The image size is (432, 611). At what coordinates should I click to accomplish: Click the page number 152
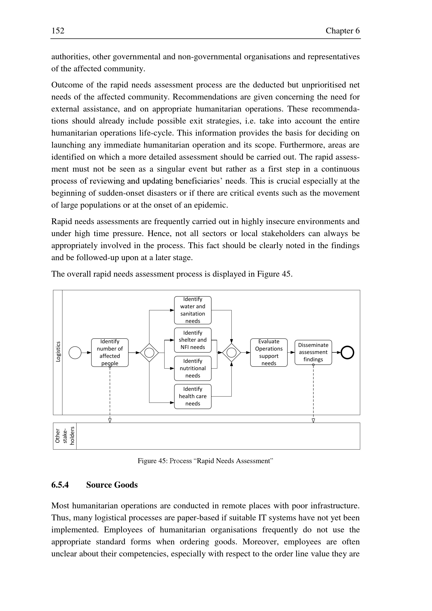[x=58, y=31]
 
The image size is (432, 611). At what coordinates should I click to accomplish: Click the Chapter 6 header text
[x=342, y=31]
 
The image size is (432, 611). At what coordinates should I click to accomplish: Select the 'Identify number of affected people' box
[x=110, y=352]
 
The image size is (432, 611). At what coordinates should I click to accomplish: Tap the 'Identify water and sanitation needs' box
[x=192, y=310]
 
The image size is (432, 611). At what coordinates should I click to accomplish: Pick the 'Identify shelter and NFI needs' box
[x=192, y=340]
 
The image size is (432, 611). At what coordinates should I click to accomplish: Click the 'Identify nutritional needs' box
[x=192, y=368]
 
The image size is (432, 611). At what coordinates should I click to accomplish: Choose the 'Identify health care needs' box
[x=192, y=396]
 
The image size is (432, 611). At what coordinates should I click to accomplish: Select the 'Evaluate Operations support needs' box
[x=269, y=352]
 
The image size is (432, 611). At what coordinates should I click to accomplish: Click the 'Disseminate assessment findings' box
[x=313, y=352]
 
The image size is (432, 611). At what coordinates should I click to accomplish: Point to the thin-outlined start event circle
[x=75, y=353]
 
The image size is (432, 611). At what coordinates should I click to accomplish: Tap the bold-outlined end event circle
[x=347, y=353]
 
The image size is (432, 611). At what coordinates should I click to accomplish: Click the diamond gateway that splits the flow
[x=149, y=353]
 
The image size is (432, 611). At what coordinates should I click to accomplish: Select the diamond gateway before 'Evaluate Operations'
[x=231, y=353]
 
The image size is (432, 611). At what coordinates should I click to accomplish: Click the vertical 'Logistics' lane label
[x=58, y=352]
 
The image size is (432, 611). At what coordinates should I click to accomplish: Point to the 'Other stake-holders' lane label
[x=65, y=436]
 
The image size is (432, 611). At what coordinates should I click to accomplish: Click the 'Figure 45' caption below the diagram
[x=205, y=461]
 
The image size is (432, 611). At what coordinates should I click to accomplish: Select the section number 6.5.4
[x=60, y=485]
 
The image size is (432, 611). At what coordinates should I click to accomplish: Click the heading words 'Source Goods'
[x=112, y=485]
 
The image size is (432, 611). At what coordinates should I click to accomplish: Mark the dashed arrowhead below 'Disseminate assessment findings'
[x=313, y=421]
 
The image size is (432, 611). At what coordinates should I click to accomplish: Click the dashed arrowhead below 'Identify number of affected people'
[x=110, y=421]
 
